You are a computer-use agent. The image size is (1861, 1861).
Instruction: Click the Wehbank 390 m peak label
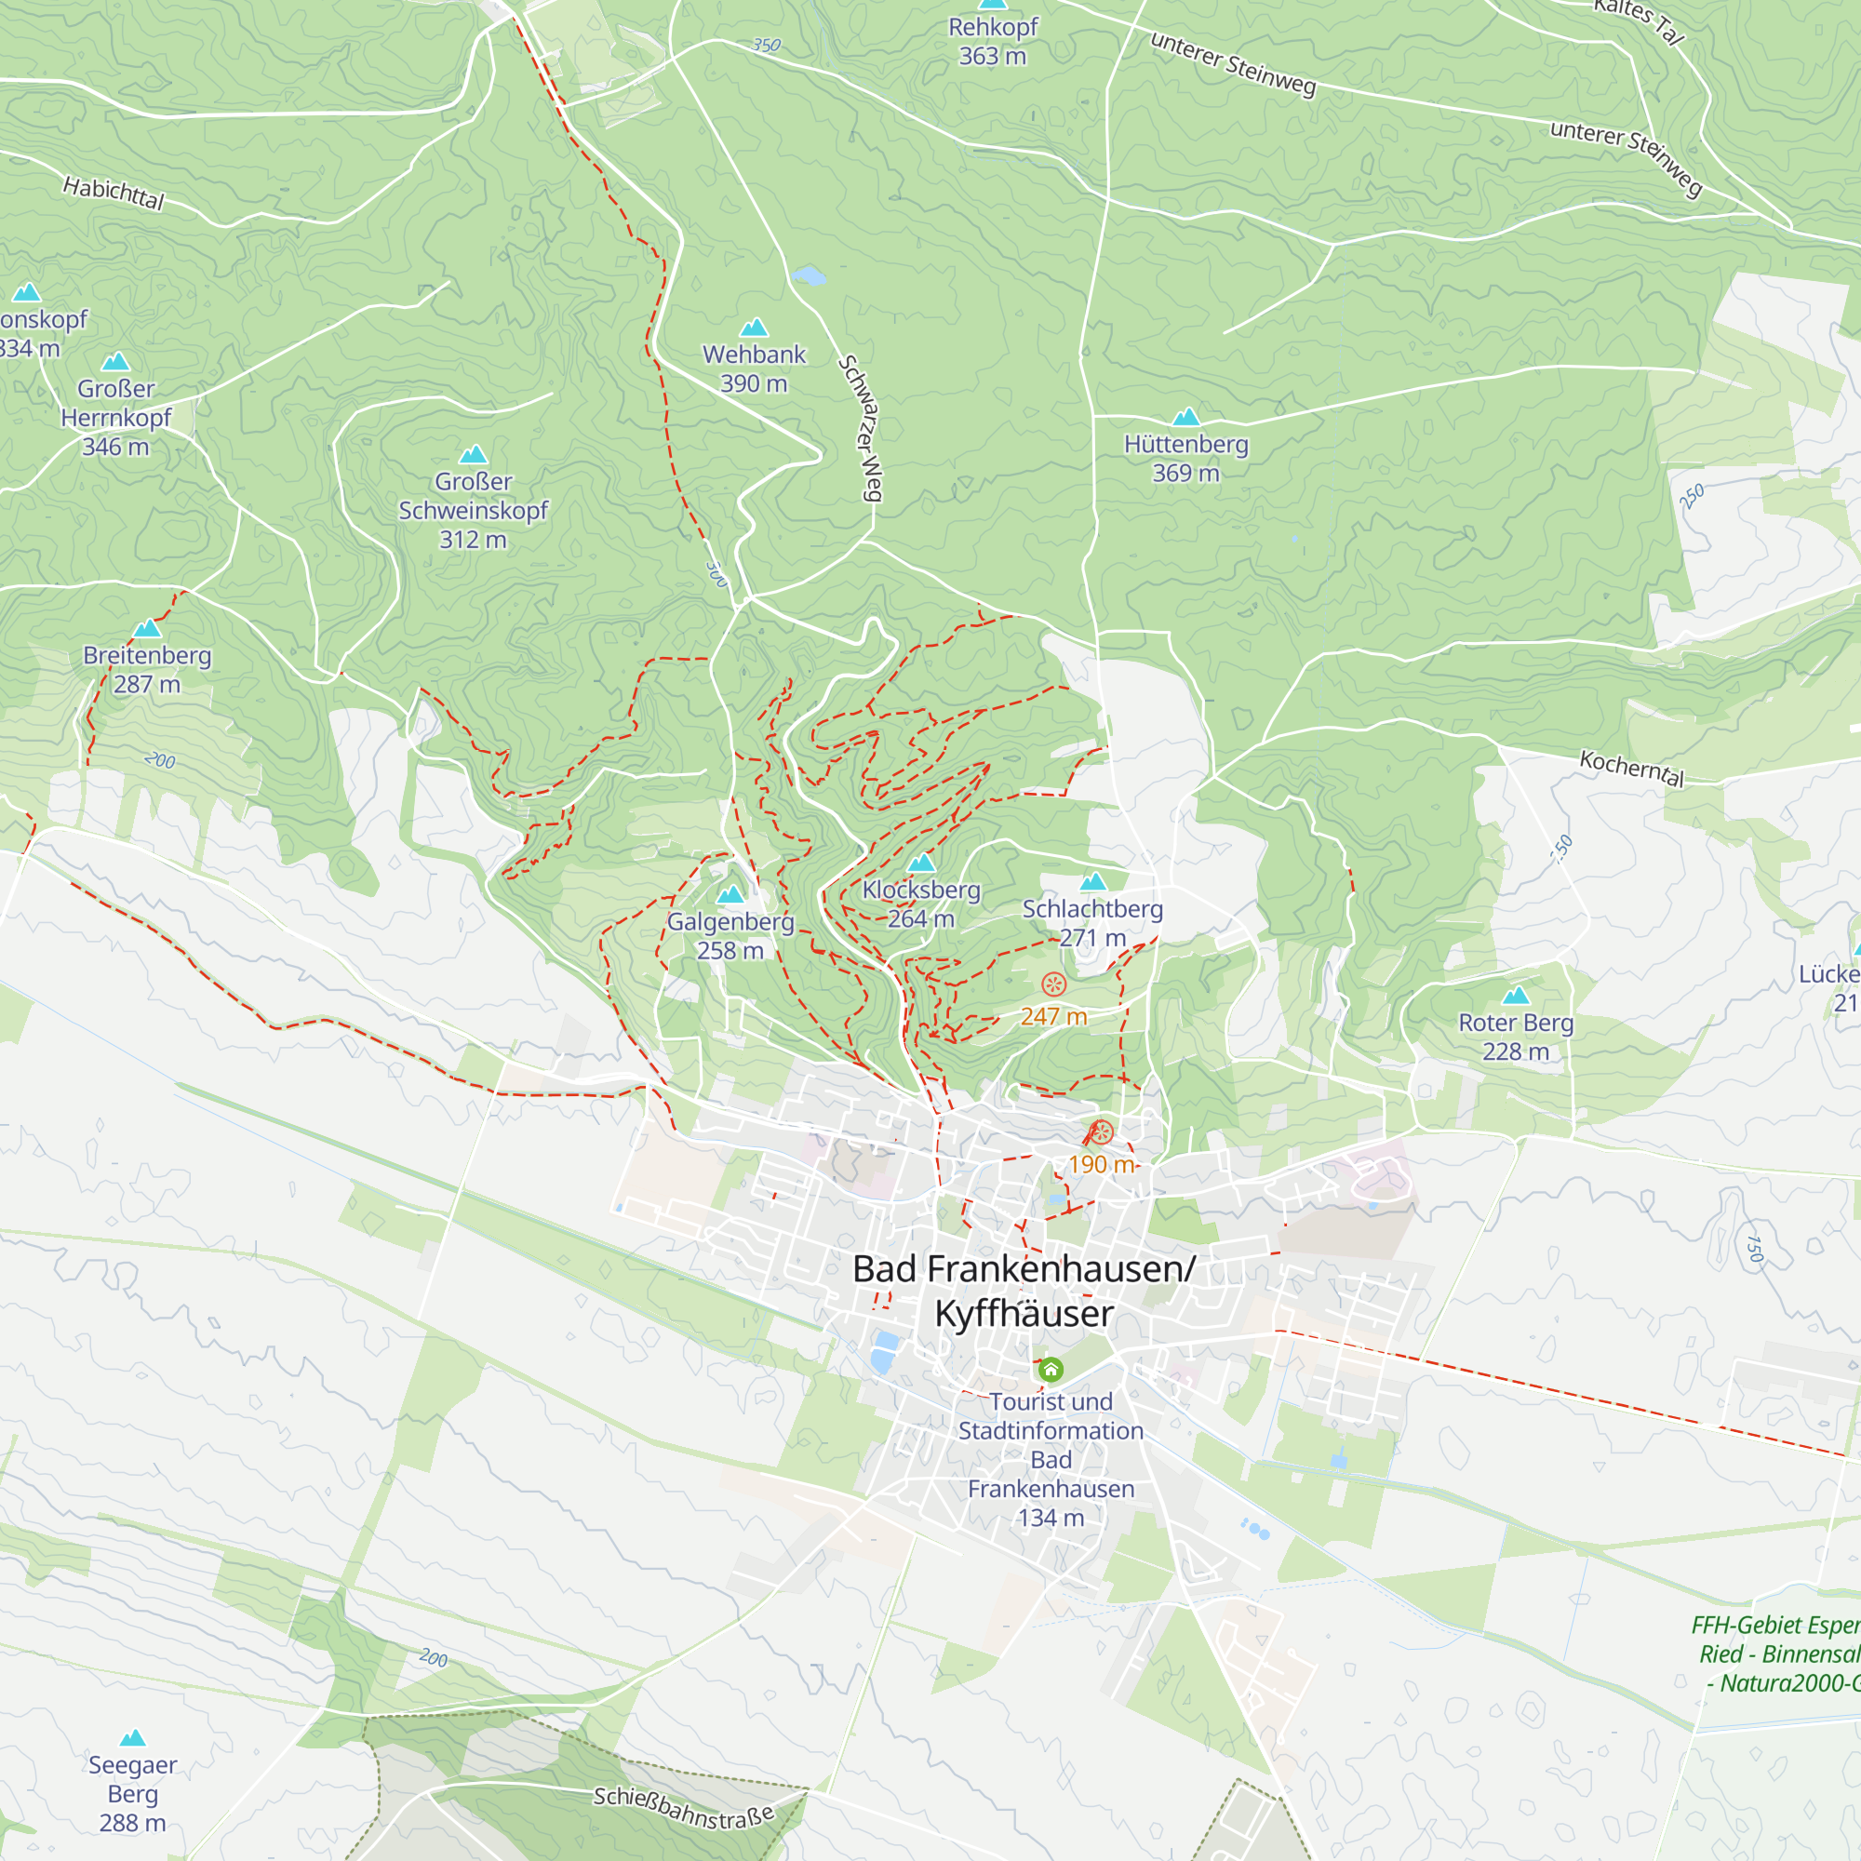click(754, 368)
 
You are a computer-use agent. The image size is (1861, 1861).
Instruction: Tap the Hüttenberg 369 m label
click(1185, 459)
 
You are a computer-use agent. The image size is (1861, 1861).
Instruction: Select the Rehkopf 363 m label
click(992, 42)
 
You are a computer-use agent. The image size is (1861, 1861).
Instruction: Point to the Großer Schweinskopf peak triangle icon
click(473, 454)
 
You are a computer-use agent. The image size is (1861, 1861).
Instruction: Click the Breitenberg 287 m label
click(146, 669)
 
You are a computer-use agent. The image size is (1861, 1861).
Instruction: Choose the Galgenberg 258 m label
click(730, 935)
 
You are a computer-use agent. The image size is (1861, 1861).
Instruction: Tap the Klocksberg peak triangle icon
click(922, 863)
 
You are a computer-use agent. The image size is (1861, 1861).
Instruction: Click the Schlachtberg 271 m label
click(1092, 923)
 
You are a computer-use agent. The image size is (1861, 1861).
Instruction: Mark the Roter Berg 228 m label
click(1515, 1037)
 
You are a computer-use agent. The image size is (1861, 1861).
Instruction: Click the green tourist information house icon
click(1051, 1369)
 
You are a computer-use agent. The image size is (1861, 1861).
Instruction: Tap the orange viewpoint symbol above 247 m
click(1054, 984)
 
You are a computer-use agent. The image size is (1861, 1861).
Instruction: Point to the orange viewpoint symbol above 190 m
click(1101, 1132)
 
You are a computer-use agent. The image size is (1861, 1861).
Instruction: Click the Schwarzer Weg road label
click(860, 429)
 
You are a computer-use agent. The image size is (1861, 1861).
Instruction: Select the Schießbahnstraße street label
click(683, 1808)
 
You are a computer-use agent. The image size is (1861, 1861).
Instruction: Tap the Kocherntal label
click(1632, 769)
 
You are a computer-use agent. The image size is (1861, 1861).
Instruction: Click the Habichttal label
click(114, 193)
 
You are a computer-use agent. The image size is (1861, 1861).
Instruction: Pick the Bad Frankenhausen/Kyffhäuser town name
click(1024, 1291)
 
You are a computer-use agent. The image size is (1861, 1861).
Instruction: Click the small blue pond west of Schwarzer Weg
click(810, 277)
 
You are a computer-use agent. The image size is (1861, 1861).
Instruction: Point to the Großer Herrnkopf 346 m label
click(115, 417)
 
